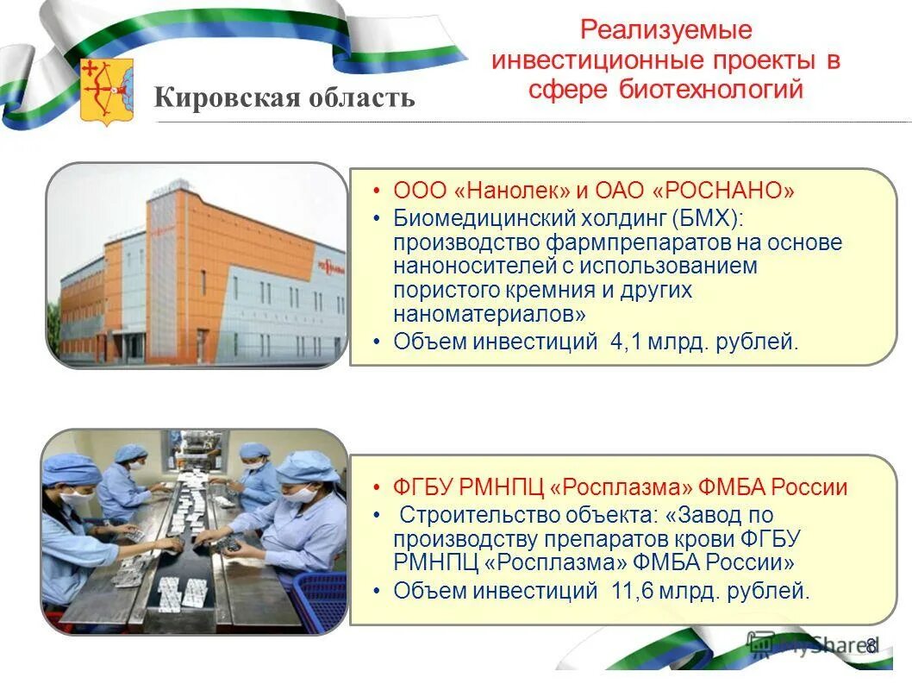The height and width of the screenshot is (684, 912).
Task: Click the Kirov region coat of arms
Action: coord(107,91)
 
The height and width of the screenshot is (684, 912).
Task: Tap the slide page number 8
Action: coord(871,645)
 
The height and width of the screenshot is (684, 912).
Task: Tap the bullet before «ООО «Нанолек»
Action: coord(378,191)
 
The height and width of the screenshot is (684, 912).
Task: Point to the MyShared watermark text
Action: coord(819,644)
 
